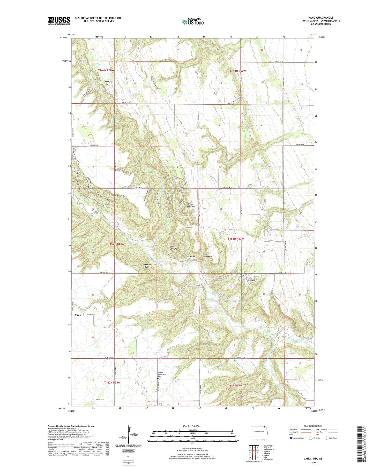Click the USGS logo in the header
coord(59,21)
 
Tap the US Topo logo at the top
coord(193,22)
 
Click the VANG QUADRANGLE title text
coord(321,18)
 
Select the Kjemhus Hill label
coord(108,83)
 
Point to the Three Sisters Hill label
coord(191,205)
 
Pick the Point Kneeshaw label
coord(207,256)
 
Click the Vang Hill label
coord(251,281)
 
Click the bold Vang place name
coord(78,315)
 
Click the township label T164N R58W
coord(106,70)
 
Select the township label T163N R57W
coord(236,239)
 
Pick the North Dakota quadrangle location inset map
coord(259,432)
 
